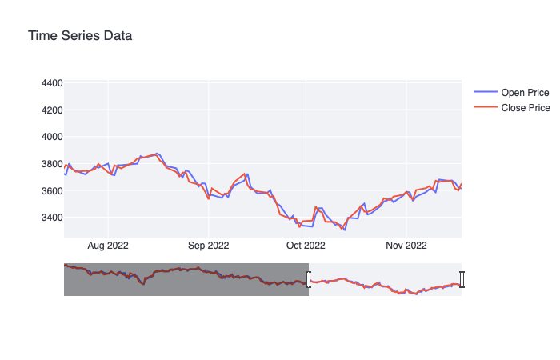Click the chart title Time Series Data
80,36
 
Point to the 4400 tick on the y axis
51,83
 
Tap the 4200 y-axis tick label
51,110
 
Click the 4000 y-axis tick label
51,137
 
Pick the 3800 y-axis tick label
51,164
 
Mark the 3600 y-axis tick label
51,191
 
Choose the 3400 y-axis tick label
51,218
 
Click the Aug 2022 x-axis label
108,246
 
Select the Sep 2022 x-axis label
208,246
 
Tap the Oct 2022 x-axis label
306,246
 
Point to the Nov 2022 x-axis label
406,246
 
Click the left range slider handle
309,279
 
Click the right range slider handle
462,279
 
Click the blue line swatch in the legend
485,93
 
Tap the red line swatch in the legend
485,108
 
